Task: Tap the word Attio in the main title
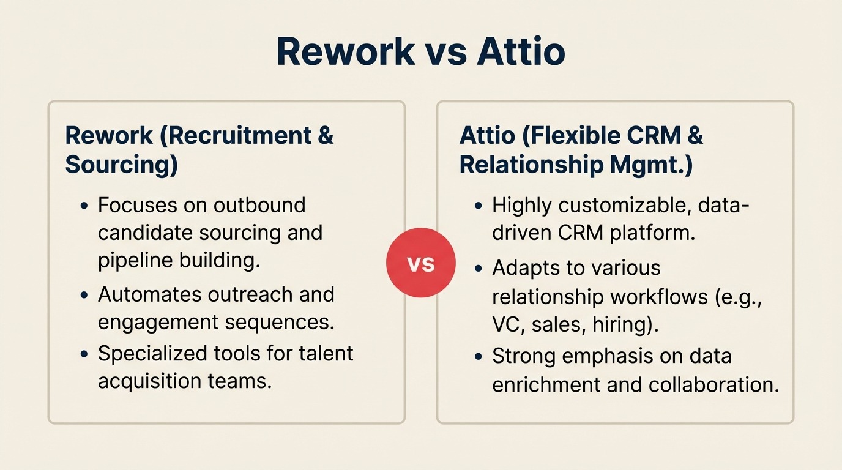point(521,51)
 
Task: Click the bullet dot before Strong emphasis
point(479,357)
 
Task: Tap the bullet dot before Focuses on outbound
point(85,206)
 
